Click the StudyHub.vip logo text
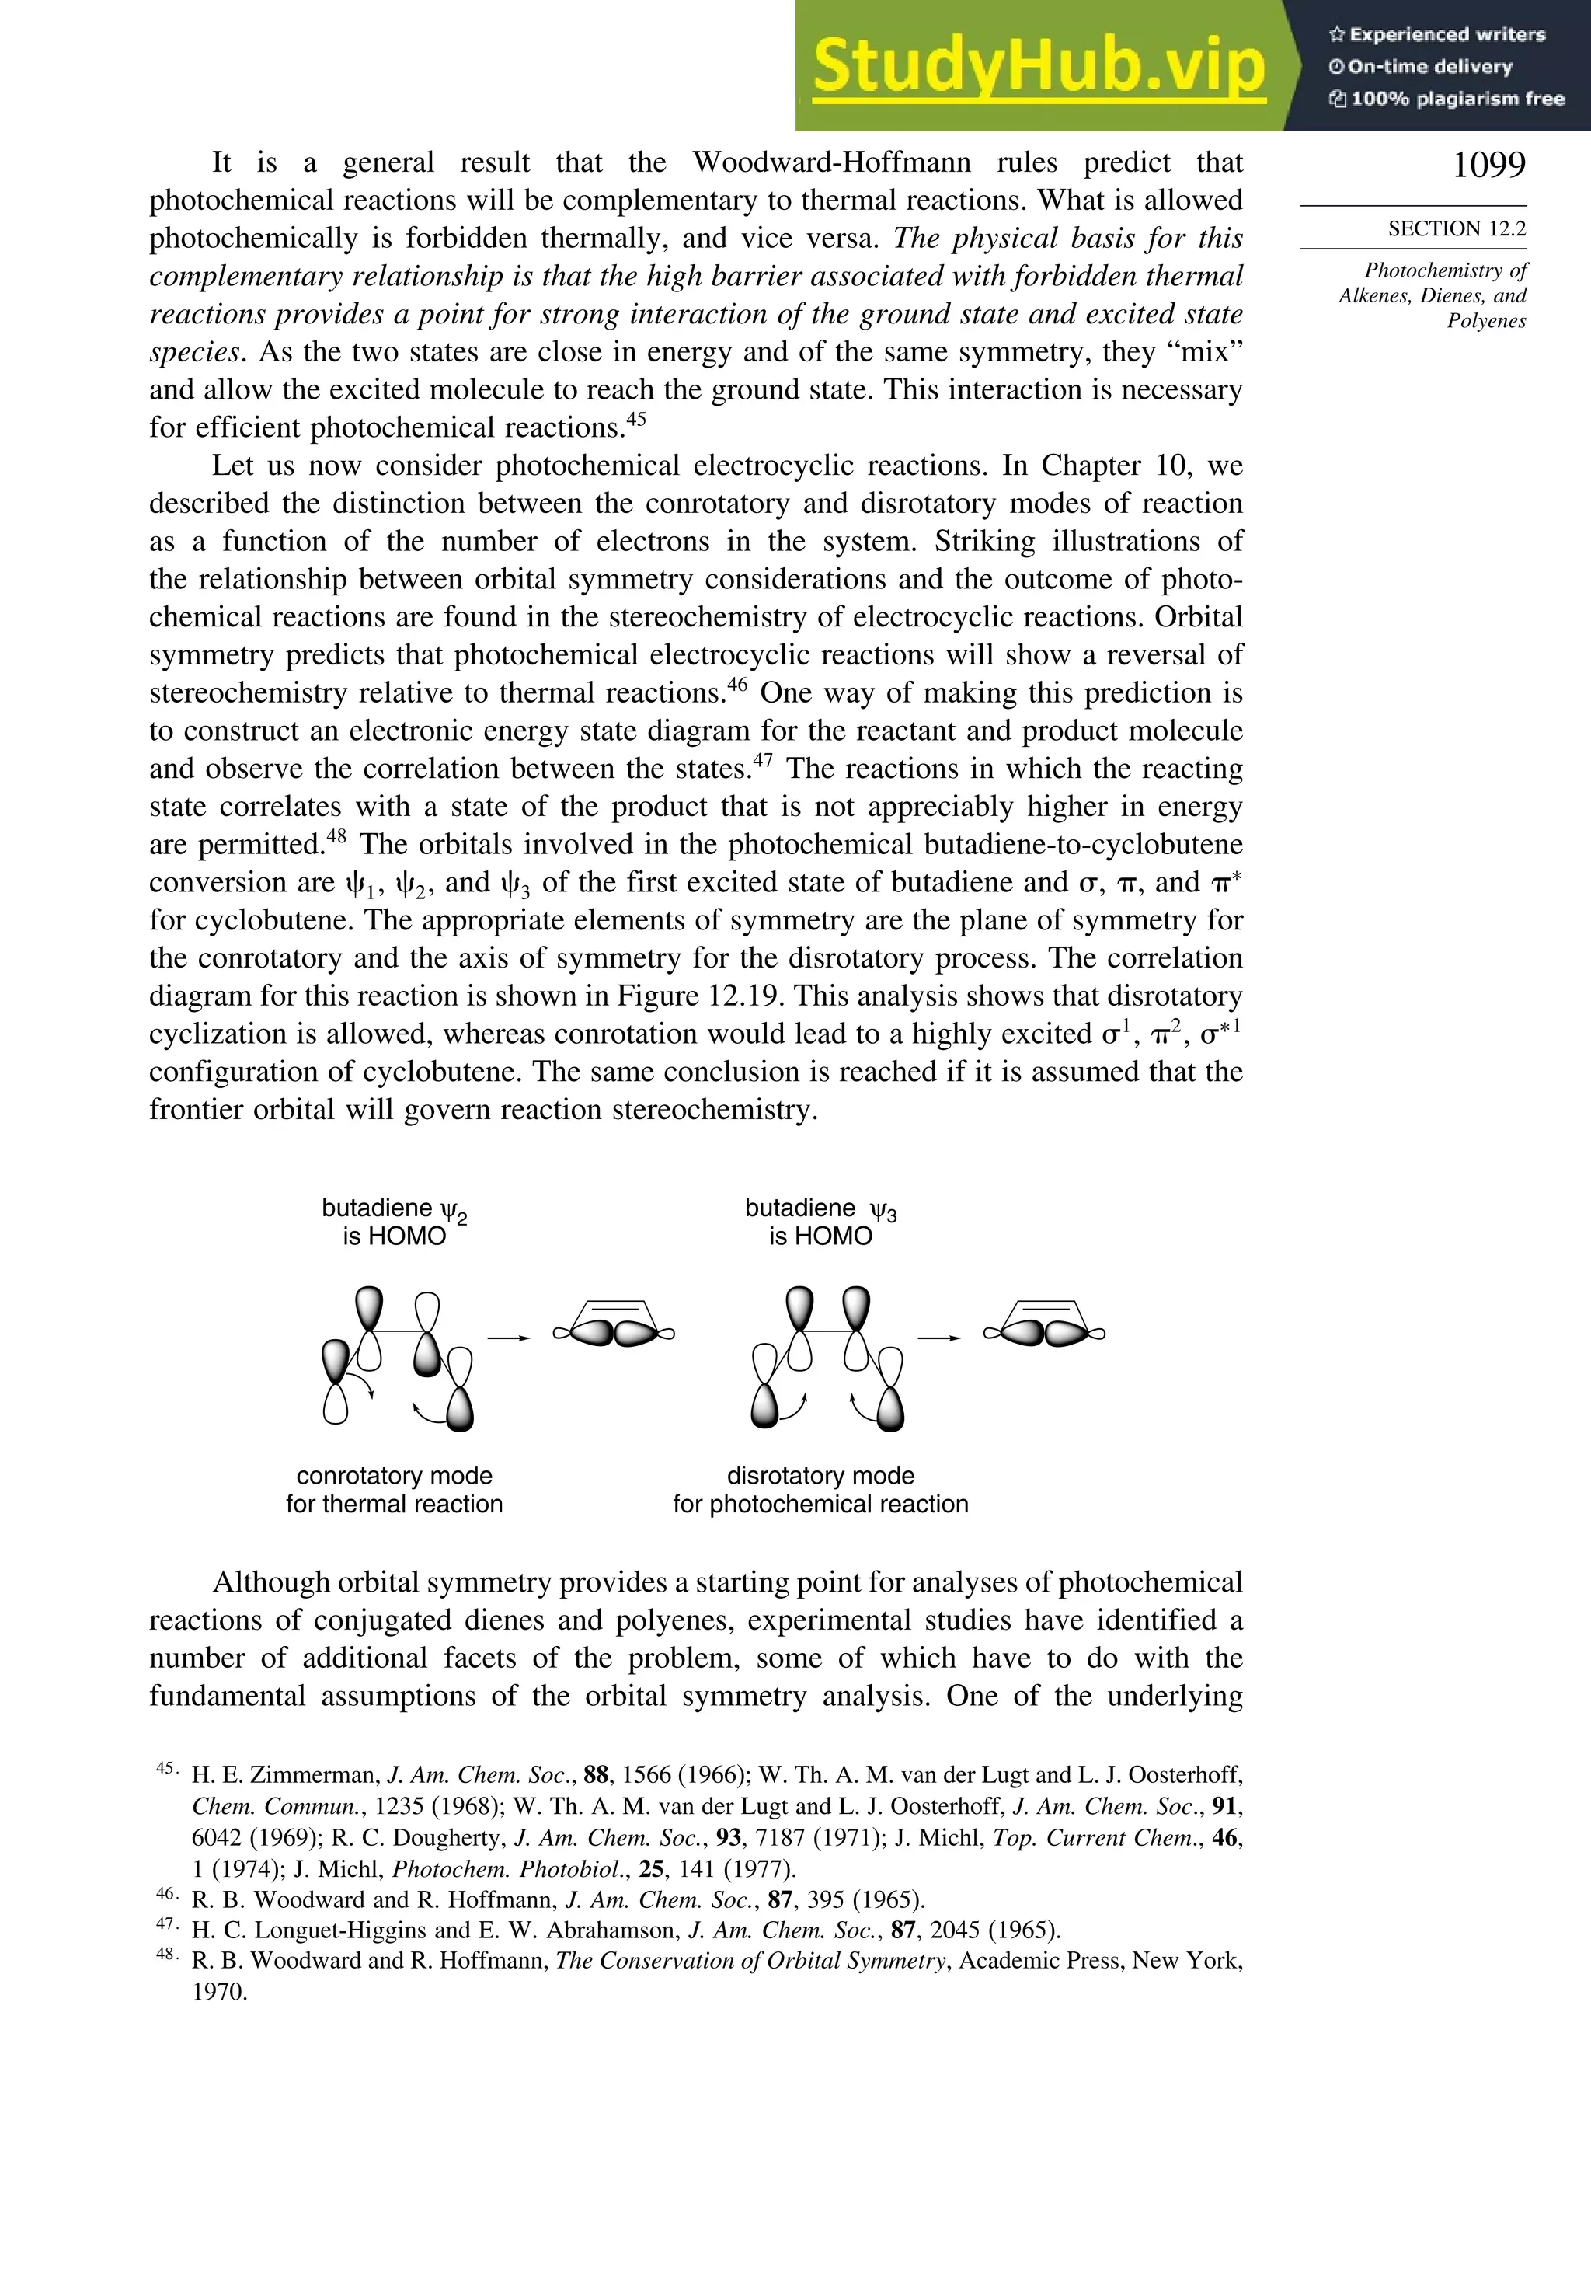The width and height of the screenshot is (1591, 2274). click(1039, 68)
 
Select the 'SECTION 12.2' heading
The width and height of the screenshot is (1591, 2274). click(1457, 228)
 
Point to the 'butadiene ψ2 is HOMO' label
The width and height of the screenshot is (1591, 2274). click(394, 1221)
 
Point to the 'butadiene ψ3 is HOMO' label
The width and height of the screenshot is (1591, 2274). click(820, 1221)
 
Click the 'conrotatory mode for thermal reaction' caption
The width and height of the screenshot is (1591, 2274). click(394, 1490)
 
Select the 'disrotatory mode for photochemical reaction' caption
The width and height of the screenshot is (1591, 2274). click(820, 1490)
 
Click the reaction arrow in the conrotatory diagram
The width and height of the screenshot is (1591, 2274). click(509, 1338)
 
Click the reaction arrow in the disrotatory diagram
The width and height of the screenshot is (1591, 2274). click(939, 1338)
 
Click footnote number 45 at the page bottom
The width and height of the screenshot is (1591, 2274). click(166, 1768)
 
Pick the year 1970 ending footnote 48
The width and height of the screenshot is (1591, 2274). click(219, 1992)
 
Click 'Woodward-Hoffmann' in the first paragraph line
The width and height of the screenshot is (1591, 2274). click(832, 162)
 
